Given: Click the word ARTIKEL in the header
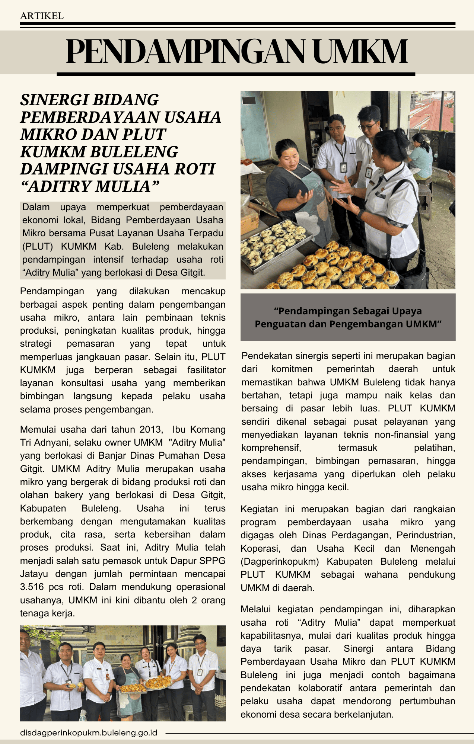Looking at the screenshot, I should (42, 16).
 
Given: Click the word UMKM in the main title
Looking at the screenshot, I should (360, 52).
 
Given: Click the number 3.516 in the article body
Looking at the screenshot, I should (32, 587).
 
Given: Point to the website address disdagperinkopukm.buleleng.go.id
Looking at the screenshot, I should (89, 733).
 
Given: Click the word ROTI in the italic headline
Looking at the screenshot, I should (195, 169).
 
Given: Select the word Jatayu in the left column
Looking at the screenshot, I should (32, 574).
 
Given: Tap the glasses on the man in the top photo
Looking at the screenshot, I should (368, 126).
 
